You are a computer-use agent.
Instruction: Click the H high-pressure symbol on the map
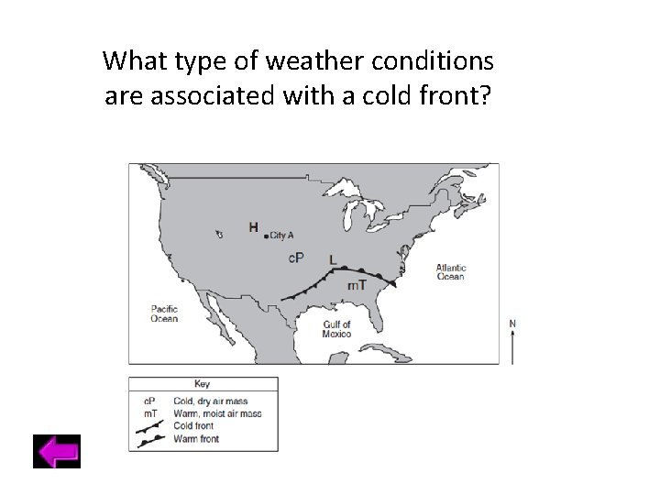(254, 227)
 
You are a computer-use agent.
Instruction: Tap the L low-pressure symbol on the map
(333, 259)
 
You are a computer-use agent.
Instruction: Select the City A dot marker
(266, 236)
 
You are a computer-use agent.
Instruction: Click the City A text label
(281, 236)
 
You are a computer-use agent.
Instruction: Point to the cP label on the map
(296, 258)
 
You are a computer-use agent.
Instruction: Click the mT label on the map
(357, 285)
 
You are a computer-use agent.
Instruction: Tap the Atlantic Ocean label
(450, 271)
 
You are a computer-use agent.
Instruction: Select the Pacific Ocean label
(164, 313)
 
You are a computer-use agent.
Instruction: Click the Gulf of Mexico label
(336, 328)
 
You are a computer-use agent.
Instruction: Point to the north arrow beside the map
(511, 341)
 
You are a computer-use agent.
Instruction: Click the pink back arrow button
(57, 451)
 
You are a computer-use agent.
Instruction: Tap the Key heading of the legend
(203, 384)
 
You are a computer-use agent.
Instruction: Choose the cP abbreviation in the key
(149, 401)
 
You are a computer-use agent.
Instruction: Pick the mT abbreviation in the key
(149, 413)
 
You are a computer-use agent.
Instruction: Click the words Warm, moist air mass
(217, 413)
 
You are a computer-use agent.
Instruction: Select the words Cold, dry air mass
(211, 401)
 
